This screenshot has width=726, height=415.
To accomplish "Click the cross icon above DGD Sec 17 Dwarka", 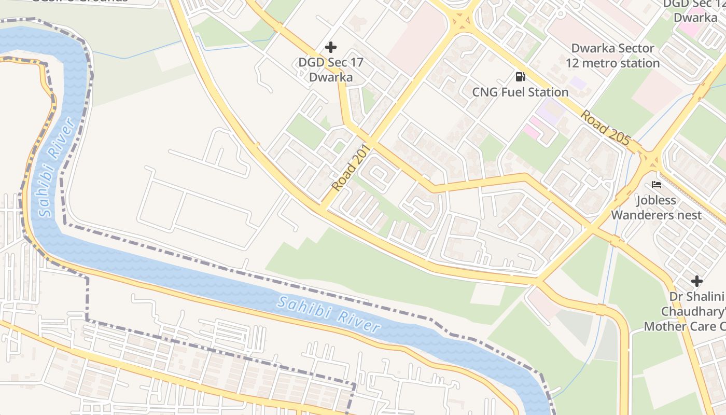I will click(330, 47).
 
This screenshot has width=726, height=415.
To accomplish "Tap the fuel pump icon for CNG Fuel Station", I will click(520, 77).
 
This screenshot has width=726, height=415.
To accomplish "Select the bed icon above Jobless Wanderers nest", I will click(656, 185).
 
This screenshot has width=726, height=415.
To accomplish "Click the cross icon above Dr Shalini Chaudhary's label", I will click(697, 281).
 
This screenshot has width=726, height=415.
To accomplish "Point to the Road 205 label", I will click(605, 127).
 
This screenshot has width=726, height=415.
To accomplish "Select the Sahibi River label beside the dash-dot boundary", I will click(328, 314).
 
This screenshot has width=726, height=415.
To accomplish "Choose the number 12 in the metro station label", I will click(573, 63).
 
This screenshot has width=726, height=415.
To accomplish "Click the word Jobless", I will click(656, 200).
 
